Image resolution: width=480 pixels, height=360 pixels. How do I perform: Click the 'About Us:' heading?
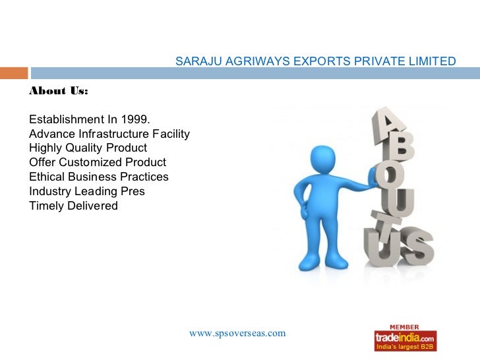pyautogui.click(x=58, y=91)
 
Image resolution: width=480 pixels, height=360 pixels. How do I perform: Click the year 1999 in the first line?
pyautogui.click(x=136, y=119)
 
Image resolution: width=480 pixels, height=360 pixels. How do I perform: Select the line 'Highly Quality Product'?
pyautogui.click(x=88, y=148)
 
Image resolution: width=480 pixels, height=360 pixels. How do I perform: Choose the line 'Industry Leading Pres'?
pyautogui.click(x=86, y=191)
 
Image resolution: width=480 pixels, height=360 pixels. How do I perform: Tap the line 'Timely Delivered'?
pyautogui.click(x=73, y=206)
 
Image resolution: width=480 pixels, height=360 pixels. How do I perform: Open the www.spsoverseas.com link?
pyautogui.click(x=237, y=333)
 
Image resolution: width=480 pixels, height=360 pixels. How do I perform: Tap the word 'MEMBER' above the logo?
pyautogui.click(x=405, y=326)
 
